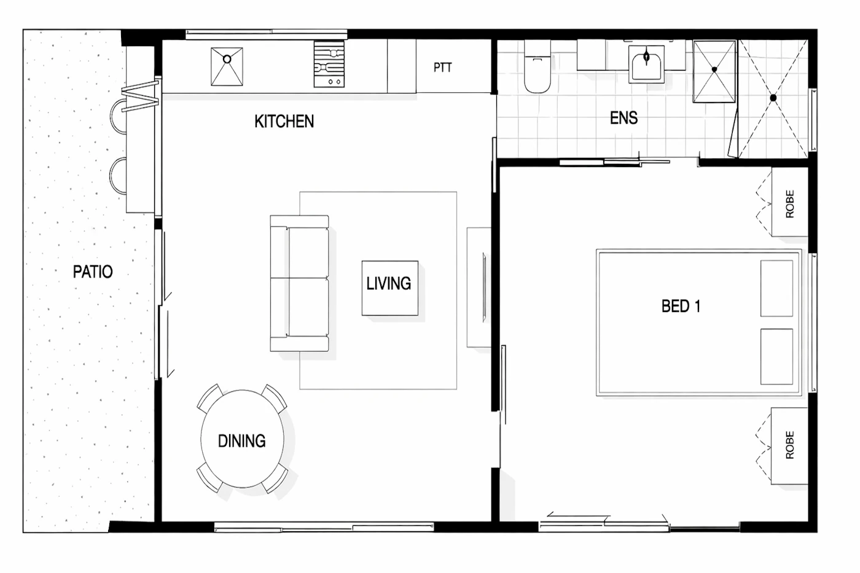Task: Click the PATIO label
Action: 93,271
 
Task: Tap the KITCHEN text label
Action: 284,121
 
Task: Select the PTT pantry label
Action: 443,68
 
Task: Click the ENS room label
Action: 624,118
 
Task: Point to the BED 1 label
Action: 681,306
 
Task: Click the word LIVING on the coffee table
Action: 388,284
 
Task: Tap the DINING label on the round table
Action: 242,441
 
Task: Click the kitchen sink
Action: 227,66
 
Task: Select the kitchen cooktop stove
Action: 329,64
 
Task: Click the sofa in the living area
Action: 300,283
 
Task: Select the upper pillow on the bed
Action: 776,289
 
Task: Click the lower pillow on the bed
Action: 776,357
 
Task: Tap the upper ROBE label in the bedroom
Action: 790,204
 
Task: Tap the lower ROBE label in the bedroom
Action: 790,445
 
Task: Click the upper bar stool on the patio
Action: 118,116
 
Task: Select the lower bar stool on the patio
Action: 118,176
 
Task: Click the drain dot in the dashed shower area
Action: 773,98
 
